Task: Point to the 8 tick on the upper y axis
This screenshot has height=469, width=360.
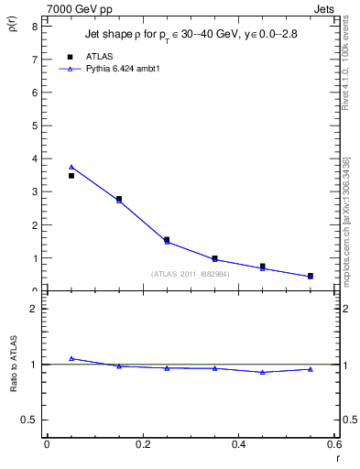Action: pyautogui.click(x=34, y=27)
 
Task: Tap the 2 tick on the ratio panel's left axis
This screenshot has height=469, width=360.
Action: pyautogui.click(x=34, y=309)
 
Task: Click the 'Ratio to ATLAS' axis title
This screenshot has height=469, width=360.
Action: pyautogui.click(x=14, y=364)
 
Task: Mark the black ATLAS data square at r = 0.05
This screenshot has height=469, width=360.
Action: pyautogui.click(x=71, y=176)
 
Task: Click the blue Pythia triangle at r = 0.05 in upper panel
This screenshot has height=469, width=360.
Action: pyautogui.click(x=71, y=167)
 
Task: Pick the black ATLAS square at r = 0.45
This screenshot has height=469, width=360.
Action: pyautogui.click(x=263, y=267)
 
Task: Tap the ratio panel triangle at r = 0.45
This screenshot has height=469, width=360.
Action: pyautogui.click(x=263, y=372)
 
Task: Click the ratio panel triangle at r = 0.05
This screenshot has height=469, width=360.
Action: pyautogui.click(x=71, y=358)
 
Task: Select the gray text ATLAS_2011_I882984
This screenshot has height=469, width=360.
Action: pyautogui.click(x=191, y=274)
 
